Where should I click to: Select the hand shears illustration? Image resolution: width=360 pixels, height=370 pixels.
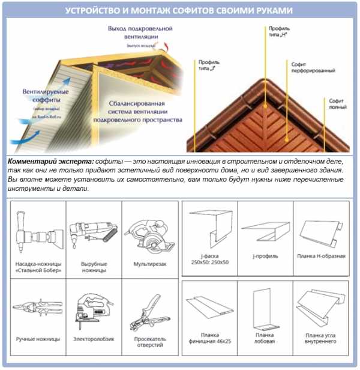pyautogui.click(x=37, y=307)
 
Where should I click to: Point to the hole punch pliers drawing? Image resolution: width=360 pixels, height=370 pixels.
pyautogui.click(x=149, y=308)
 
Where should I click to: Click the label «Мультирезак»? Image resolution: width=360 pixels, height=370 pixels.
pyautogui.click(x=149, y=264)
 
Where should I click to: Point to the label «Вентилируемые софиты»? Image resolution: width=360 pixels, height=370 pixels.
pyautogui.click(x=45, y=96)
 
